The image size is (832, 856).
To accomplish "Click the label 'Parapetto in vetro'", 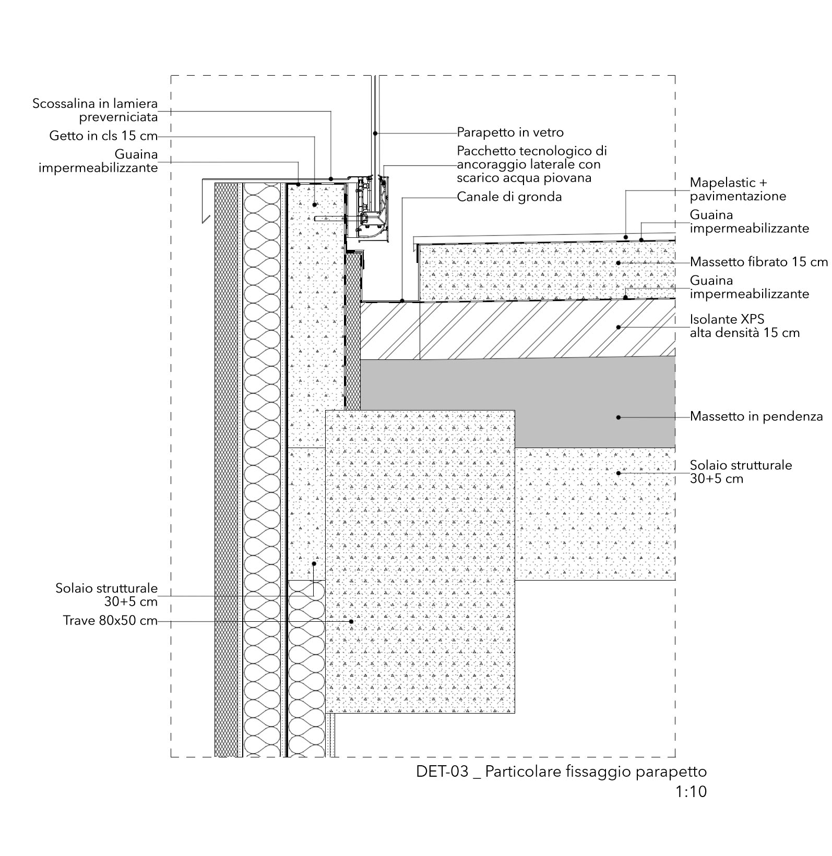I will point(510,132).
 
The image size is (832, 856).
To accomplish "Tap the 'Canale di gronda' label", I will point(509,197).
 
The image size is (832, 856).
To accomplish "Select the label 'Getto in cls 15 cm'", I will point(103,136).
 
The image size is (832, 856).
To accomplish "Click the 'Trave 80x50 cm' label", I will point(110,621).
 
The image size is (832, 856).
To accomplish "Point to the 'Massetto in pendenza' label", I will point(756,417).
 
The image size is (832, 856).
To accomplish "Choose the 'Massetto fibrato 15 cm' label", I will point(758,262).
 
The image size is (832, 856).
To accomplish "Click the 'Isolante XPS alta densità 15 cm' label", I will point(744,326).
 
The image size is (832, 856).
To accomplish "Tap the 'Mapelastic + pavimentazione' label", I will point(738,189).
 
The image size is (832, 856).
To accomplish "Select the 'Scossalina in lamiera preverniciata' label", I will point(95,110).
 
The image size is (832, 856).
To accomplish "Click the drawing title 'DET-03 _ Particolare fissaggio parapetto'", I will point(561,771).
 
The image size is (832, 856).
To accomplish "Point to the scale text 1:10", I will point(691,792).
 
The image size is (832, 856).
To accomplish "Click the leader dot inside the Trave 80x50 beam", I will point(351,621).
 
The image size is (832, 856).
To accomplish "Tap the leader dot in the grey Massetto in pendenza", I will point(619,417).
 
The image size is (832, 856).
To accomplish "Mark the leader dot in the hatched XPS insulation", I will point(619,327).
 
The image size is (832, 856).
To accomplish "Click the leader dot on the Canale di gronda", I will point(401,301).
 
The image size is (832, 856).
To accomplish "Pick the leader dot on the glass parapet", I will point(375,133).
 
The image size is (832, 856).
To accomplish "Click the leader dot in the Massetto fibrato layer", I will point(619,262).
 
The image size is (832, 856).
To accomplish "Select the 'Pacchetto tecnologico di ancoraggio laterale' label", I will point(531,164).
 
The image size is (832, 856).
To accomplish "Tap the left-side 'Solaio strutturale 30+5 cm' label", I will point(106,595).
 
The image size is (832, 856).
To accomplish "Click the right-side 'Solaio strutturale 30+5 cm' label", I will point(741,472).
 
